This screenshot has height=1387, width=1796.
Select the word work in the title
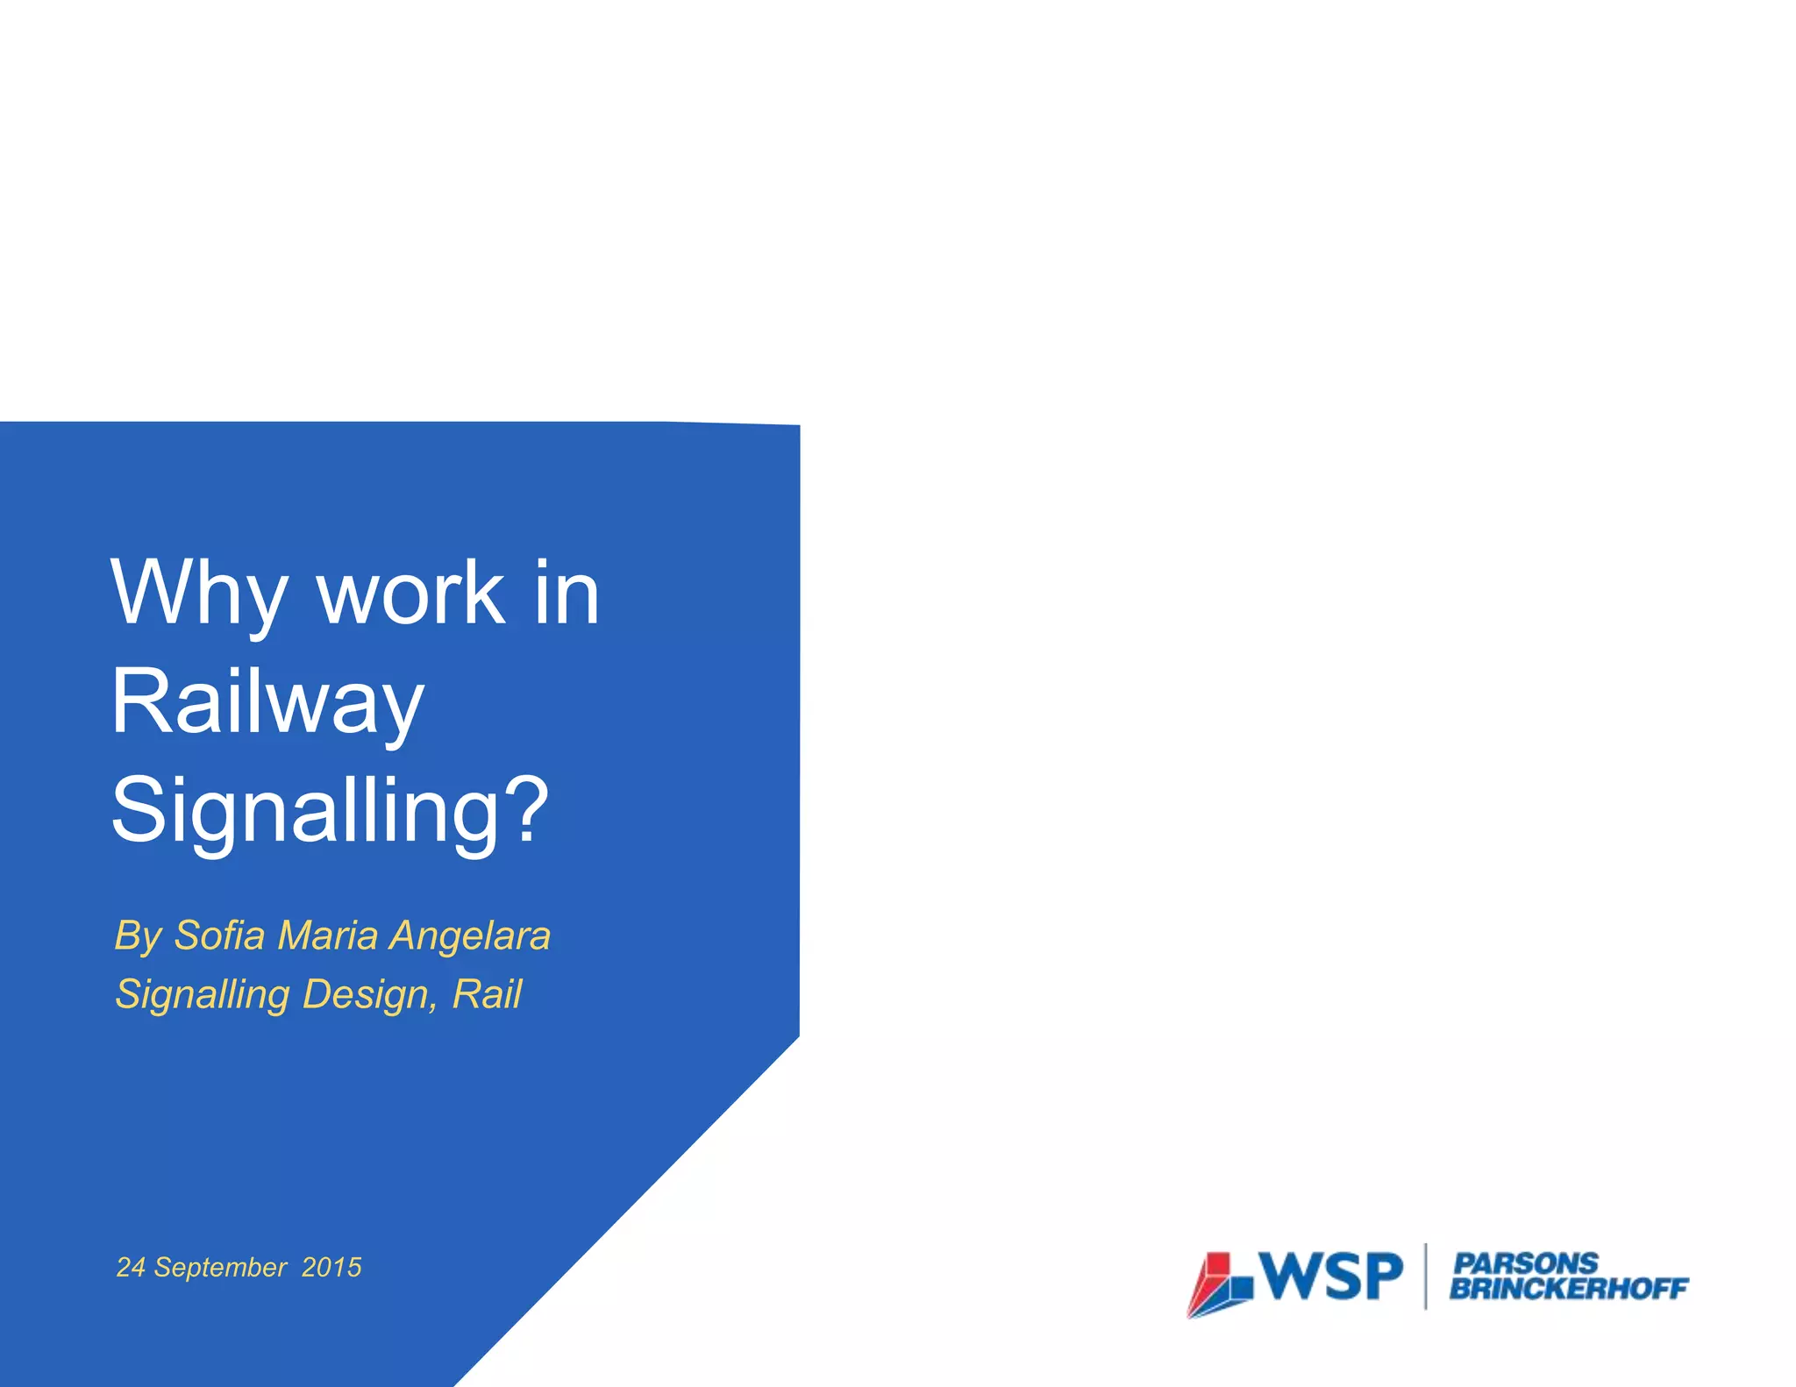pyautogui.click(x=410, y=594)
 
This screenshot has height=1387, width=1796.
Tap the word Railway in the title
pyautogui.click(x=267, y=703)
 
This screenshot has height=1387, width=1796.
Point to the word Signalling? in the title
pyautogui.click(x=329, y=811)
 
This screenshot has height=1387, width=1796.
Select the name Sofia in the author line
pyautogui.click(x=219, y=935)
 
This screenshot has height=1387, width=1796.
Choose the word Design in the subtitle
pyautogui.click(x=368, y=995)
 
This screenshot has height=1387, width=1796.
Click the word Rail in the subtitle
pyautogui.click(x=487, y=993)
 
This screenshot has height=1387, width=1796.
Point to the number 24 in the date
pyautogui.click(x=131, y=1267)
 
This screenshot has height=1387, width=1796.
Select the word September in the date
pyautogui.click(x=220, y=1268)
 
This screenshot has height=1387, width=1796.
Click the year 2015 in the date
pyautogui.click(x=331, y=1267)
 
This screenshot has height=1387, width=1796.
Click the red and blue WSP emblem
pyautogui.click(x=1220, y=1284)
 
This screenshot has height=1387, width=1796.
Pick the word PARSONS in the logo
pyautogui.click(x=1525, y=1263)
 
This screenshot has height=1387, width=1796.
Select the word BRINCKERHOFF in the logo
pyautogui.click(x=1568, y=1288)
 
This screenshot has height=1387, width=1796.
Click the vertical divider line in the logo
pyautogui.click(x=1426, y=1276)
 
